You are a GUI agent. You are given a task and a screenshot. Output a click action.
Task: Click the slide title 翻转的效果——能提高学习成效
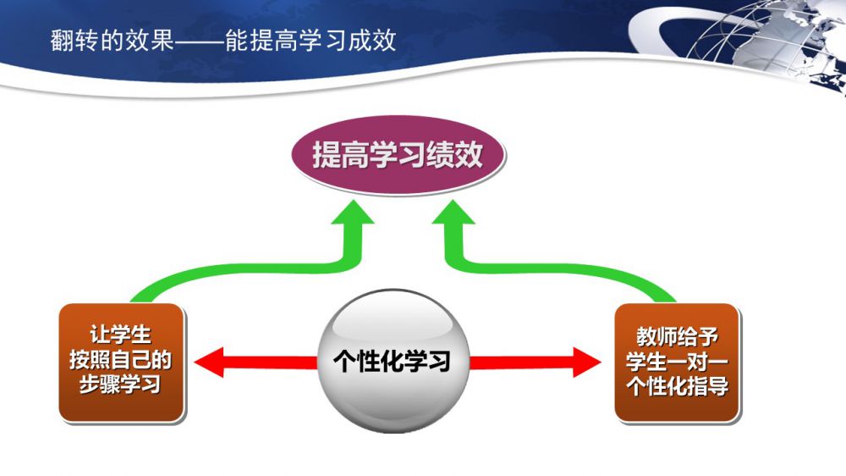tap(223, 41)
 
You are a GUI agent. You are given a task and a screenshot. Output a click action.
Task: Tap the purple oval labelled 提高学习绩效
tap(398, 154)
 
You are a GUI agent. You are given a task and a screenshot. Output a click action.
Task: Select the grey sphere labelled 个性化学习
tap(393, 361)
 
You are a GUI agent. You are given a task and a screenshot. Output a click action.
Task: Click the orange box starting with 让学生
tap(121, 363)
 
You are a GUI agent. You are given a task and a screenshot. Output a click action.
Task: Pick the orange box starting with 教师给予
tap(677, 363)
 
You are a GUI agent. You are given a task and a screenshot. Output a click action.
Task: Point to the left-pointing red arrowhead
tap(208, 362)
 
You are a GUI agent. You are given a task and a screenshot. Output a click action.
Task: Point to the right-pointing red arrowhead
tap(586, 362)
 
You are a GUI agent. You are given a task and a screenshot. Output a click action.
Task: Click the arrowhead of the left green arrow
tap(353, 212)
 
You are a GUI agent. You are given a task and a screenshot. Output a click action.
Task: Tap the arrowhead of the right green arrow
tap(453, 212)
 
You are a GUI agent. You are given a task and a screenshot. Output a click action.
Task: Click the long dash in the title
tap(200, 41)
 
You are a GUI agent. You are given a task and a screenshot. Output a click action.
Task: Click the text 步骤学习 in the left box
tap(120, 385)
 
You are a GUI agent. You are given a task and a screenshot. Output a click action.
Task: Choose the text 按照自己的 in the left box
tap(120, 360)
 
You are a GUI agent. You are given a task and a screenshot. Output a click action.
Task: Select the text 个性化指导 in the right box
tap(678, 385)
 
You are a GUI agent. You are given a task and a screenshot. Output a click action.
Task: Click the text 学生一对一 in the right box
tap(678, 361)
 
